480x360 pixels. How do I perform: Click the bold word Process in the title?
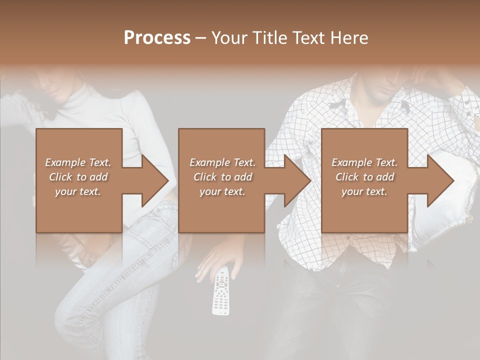coord(157,38)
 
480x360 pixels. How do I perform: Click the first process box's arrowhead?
coord(155,181)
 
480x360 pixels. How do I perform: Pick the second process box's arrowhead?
coord(297,181)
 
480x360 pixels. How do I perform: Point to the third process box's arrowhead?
coord(440,181)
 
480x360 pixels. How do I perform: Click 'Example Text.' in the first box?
coord(78,162)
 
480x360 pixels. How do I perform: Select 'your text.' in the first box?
coord(78,191)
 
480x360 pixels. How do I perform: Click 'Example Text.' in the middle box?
coord(222,162)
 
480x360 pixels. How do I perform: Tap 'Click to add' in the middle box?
coord(222,177)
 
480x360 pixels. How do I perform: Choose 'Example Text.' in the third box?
coord(364,162)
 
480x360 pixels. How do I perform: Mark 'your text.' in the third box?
coord(364,191)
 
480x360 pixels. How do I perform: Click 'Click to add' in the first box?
coord(78,177)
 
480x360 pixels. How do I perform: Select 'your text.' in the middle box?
coord(222,191)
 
